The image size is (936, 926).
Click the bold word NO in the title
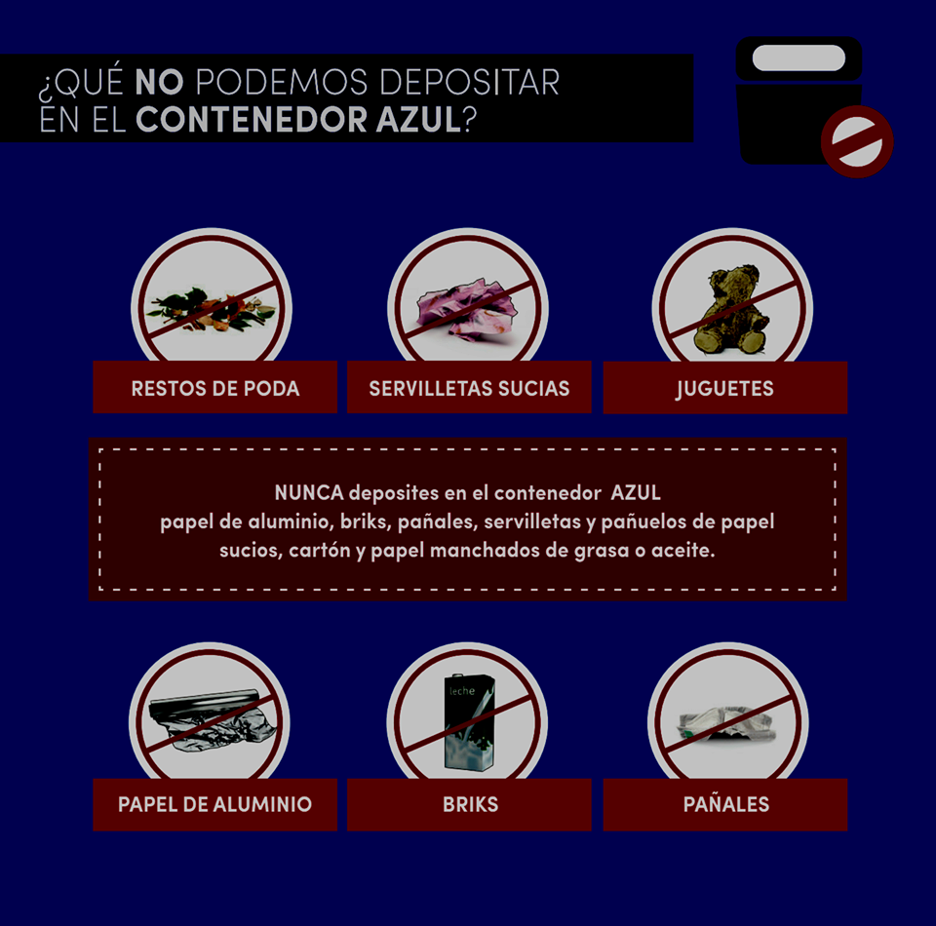pos(159,82)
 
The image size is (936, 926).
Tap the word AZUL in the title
pos(418,119)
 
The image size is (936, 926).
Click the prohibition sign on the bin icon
pos(857,141)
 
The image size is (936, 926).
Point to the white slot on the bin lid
pos(799,58)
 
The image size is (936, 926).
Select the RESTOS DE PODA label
pos(214,388)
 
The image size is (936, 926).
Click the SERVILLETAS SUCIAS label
pos(469,388)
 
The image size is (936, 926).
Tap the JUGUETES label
pos(724,389)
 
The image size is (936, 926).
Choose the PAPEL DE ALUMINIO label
pos(214,804)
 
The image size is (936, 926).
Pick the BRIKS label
pos(470,804)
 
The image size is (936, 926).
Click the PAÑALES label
pos(725,803)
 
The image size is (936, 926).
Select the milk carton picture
pos(470,722)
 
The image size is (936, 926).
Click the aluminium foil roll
pos(213,719)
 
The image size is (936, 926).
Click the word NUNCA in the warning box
pos(309,493)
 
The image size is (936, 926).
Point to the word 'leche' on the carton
pos(462,691)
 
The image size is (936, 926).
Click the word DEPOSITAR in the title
pos(469,82)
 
